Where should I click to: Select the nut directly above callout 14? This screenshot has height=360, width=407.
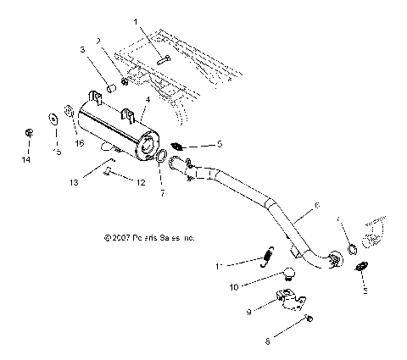click(x=29, y=133)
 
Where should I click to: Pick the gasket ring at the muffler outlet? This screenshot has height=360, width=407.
click(x=160, y=156)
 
